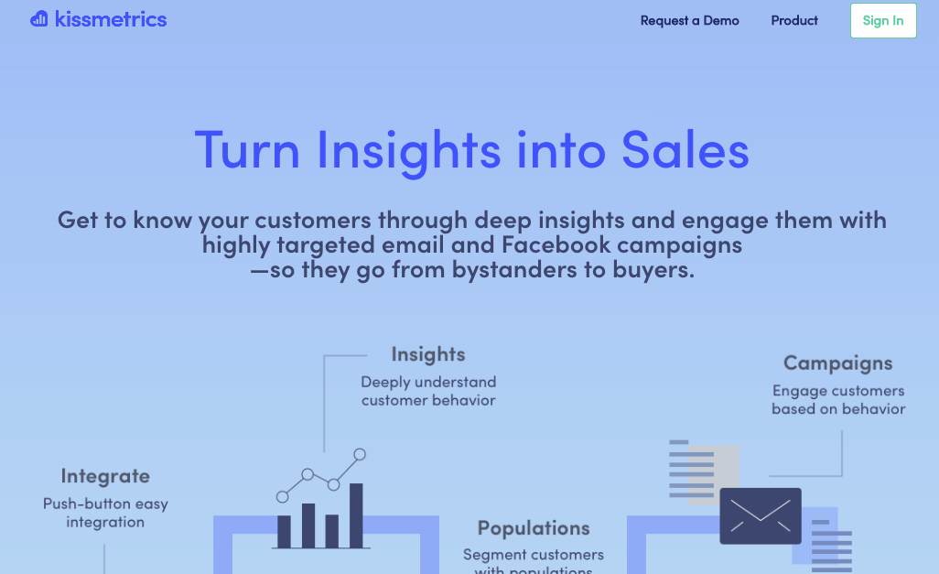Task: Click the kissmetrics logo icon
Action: pyautogui.click(x=39, y=18)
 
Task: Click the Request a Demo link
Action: pyautogui.click(x=689, y=20)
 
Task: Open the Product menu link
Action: pyautogui.click(x=794, y=20)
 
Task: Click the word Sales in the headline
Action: pyautogui.click(x=685, y=150)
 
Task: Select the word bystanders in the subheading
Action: pyautogui.click(x=517, y=270)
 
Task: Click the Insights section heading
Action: pyautogui.click(x=428, y=354)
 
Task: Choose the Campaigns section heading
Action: pyautogui.click(x=837, y=363)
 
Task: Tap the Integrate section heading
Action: pyautogui.click(x=105, y=476)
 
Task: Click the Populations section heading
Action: pyautogui.click(x=534, y=528)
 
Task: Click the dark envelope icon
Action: pyautogui.click(x=761, y=516)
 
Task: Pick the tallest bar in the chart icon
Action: pyautogui.click(x=356, y=515)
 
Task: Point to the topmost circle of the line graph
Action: pyautogui.click(x=360, y=454)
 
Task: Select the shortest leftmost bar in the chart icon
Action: pyautogui.click(x=284, y=532)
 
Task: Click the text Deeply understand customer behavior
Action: pyautogui.click(x=429, y=391)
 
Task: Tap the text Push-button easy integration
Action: pyautogui.click(x=105, y=513)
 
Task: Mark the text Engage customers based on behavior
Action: pyautogui.click(x=838, y=400)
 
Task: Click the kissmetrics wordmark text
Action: pyautogui.click(x=111, y=19)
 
